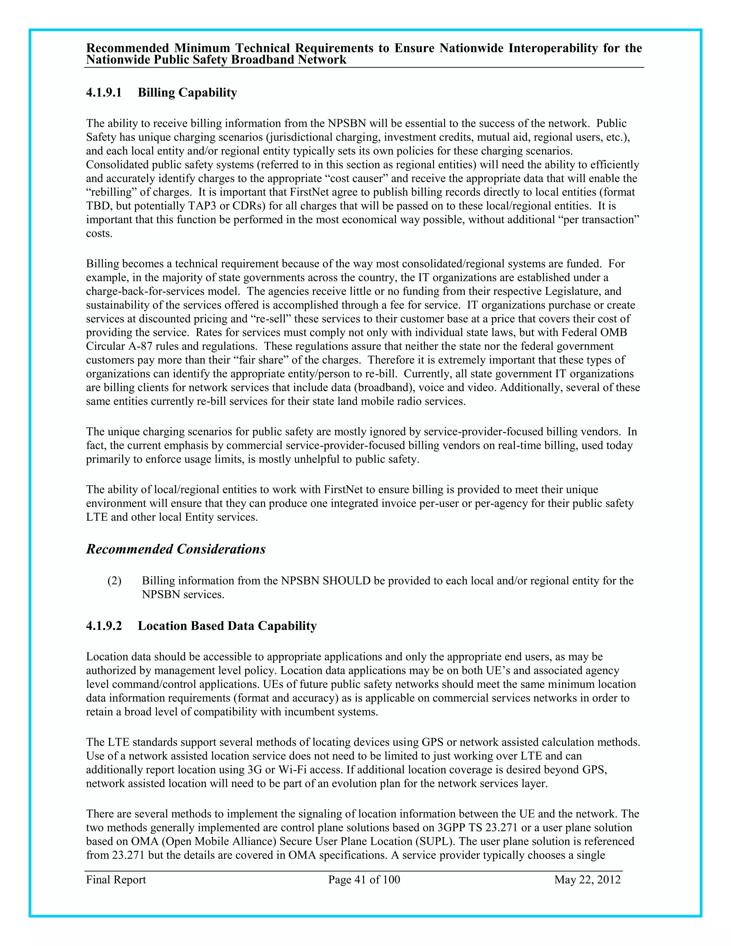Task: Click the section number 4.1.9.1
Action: point(104,93)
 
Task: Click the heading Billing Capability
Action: point(187,93)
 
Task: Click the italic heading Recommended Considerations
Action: point(176,549)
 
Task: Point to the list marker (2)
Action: point(114,581)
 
